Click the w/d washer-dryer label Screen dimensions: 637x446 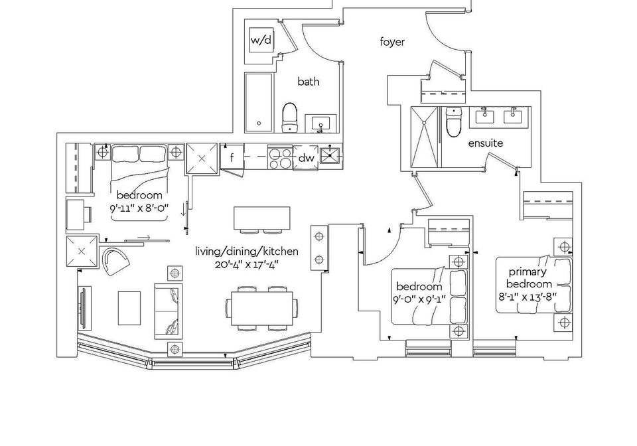(260, 40)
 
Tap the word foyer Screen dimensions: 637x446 (392, 42)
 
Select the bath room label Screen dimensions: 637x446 (309, 82)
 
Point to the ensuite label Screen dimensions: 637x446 (486, 143)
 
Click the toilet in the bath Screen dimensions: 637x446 (290, 117)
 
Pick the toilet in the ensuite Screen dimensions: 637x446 (453, 121)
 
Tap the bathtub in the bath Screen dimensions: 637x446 (259, 102)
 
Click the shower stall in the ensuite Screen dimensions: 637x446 (425, 137)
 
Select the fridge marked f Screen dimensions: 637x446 (232, 157)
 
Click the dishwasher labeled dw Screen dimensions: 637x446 (306, 158)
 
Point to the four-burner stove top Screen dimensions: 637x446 (280, 158)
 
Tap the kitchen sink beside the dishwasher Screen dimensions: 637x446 (330, 155)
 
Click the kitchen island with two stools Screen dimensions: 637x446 (261, 220)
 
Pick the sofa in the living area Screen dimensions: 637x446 (168, 311)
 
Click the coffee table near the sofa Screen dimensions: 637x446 (129, 308)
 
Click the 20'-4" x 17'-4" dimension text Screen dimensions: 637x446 (247, 265)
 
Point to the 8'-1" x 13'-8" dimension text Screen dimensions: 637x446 (528, 297)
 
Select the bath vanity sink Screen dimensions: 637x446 (320, 123)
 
